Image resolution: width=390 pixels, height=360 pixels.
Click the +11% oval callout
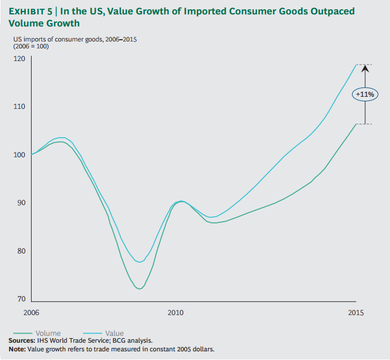(x=365, y=94)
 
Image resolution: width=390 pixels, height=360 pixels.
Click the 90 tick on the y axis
(x=21, y=203)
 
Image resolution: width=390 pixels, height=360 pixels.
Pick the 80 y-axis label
(x=21, y=252)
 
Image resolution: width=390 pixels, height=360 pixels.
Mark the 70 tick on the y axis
(x=21, y=300)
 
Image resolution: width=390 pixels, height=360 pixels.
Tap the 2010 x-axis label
(x=175, y=312)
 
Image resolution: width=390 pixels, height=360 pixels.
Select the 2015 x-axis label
(x=356, y=312)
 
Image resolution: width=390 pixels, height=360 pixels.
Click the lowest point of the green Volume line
(x=139, y=289)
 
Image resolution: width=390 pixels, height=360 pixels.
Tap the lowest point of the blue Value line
(x=140, y=262)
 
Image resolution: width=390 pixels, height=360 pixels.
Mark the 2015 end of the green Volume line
(x=355, y=124)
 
